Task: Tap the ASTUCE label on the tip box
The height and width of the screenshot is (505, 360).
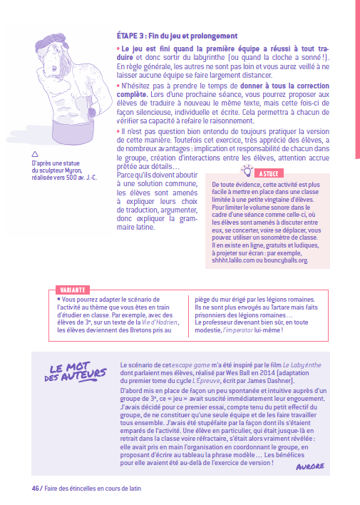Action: tap(268, 173)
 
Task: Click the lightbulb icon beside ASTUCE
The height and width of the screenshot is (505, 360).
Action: tap(248, 170)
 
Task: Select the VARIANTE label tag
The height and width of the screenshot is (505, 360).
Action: tap(71, 290)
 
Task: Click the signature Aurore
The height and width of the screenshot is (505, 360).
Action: tap(310, 446)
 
